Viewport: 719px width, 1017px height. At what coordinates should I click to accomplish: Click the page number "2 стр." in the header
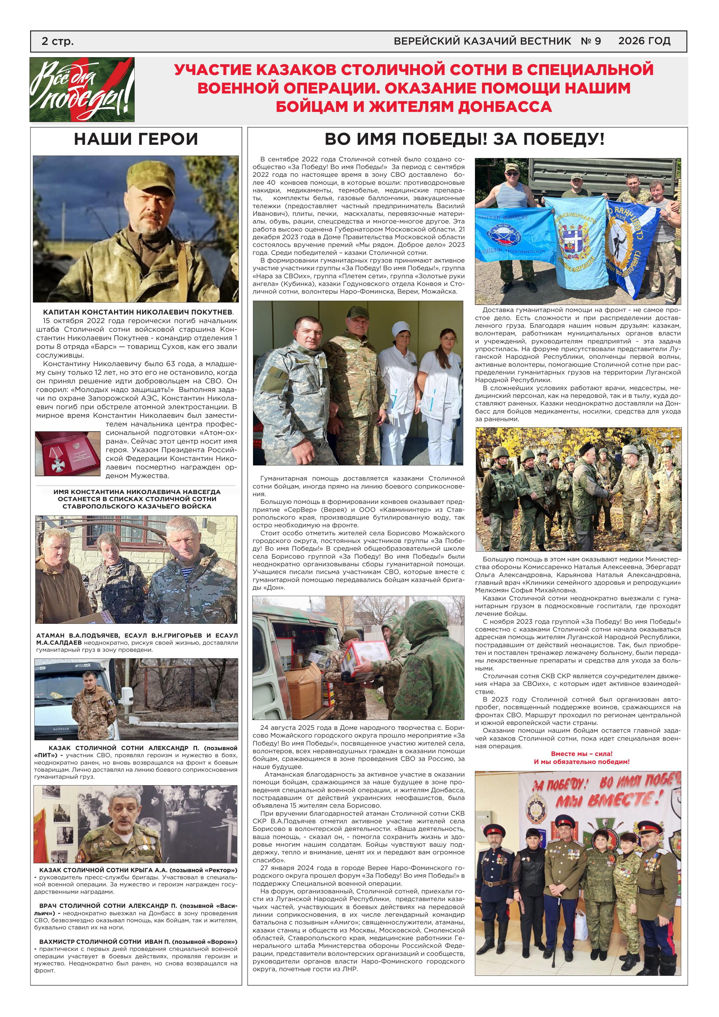(57, 42)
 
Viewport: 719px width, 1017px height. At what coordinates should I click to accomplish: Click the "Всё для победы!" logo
(82, 89)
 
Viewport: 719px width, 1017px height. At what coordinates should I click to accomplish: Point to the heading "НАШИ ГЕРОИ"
(136, 139)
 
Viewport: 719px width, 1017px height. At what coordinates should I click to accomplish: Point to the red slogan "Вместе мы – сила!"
(582, 754)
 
